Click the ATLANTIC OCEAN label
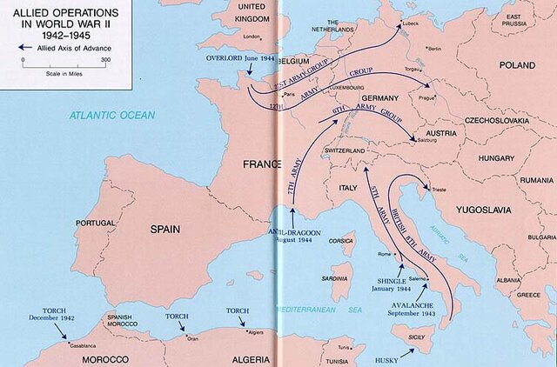tap(113, 115)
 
